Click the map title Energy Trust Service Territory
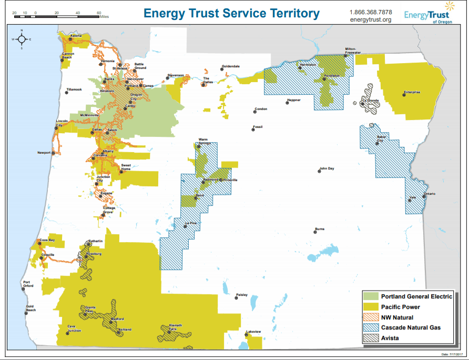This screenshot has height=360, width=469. (231, 13)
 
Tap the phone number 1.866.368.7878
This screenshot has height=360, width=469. (371, 12)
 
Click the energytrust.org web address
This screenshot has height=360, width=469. (371, 20)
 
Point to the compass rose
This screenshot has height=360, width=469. (22, 40)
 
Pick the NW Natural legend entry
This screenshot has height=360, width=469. (397, 317)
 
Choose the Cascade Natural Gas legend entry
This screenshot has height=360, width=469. (411, 327)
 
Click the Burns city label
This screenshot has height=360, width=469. (320, 229)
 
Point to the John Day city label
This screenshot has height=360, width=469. (327, 168)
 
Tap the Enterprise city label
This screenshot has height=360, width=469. (412, 92)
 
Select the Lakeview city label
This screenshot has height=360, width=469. (253, 331)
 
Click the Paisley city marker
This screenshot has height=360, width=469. (237, 297)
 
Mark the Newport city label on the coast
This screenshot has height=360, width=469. (44, 153)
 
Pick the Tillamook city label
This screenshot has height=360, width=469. (74, 89)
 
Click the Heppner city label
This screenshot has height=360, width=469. (293, 100)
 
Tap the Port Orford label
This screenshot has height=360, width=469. (28, 285)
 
